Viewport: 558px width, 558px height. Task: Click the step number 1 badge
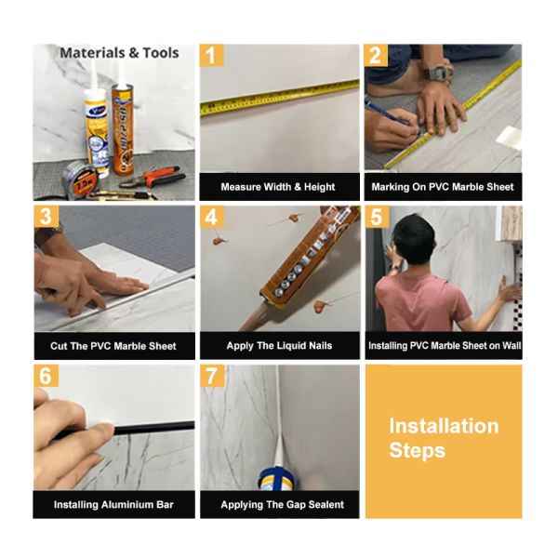click(212, 56)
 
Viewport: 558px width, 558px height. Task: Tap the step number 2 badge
click(376, 56)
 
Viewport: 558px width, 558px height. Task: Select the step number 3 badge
click(46, 217)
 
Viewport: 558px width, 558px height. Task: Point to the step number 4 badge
click(212, 217)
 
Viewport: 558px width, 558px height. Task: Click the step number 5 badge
click(376, 217)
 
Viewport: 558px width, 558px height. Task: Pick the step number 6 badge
click(46, 376)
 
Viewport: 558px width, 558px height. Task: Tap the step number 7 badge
click(212, 376)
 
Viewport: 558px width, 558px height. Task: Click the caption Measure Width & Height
click(278, 187)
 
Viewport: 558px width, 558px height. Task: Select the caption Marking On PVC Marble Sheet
click(442, 187)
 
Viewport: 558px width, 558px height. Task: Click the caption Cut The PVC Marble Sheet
click(113, 346)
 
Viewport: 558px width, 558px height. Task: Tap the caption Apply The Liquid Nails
click(278, 346)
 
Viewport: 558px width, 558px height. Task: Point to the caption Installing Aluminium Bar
click(113, 505)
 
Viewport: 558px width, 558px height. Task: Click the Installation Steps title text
click(443, 438)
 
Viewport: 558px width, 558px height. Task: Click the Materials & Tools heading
click(118, 53)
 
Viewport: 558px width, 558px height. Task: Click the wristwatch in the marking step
click(437, 72)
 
